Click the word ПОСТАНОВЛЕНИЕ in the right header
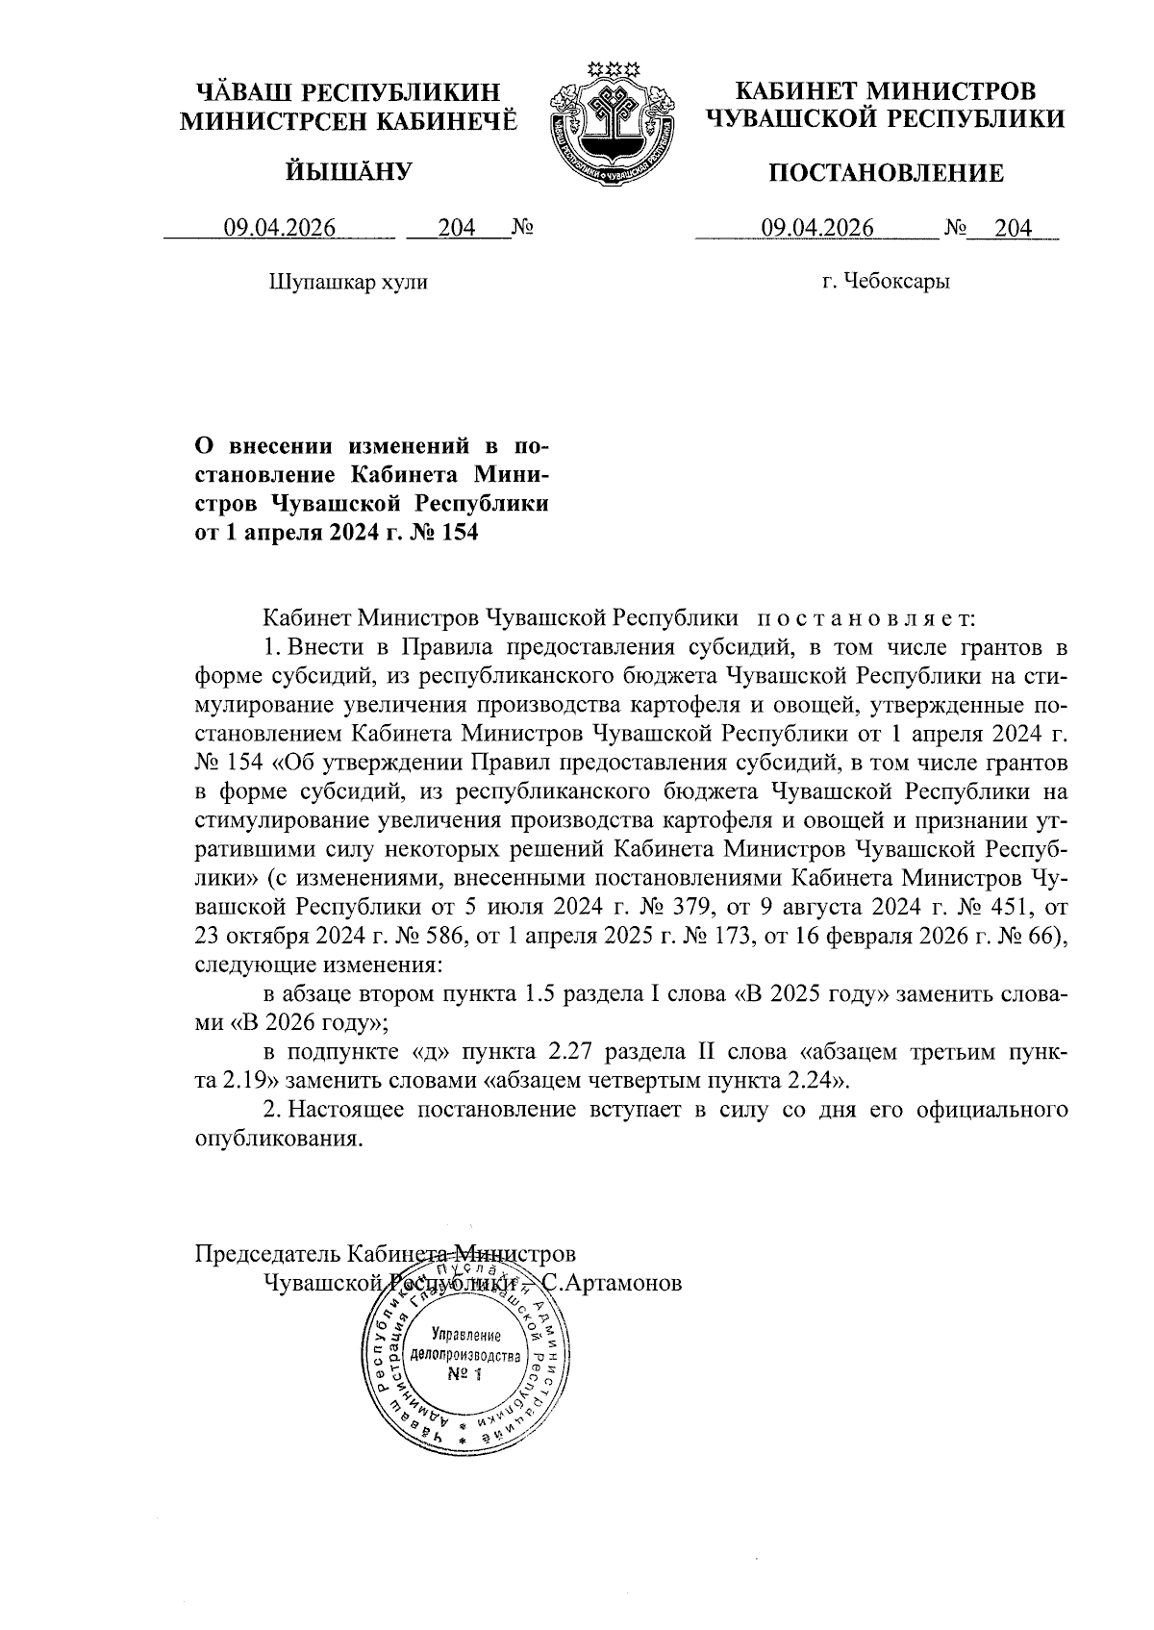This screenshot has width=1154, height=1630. [x=885, y=173]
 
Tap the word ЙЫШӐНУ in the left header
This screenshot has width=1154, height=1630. [x=349, y=172]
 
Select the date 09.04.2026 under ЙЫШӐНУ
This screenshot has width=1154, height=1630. [x=279, y=228]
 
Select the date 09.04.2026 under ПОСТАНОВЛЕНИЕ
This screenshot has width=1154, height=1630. [x=817, y=228]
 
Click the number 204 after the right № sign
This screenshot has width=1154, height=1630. [x=1013, y=228]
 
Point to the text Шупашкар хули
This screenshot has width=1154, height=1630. [x=349, y=282]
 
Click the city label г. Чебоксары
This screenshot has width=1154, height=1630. [x=886, y=282]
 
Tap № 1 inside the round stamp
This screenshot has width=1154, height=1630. [x=464, y=1373]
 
